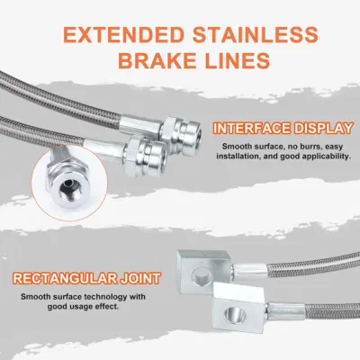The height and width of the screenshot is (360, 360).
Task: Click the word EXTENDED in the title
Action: coord(123,35)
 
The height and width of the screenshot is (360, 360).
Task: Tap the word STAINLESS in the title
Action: coord(255,35)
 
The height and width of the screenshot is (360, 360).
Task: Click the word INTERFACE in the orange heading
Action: coord(252,129)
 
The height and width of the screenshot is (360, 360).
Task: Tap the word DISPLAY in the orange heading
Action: coord(323,129)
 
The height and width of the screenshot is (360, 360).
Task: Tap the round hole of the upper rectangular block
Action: coord(201,276)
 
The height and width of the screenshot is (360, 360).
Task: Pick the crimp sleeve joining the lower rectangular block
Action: coord(285,311)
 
